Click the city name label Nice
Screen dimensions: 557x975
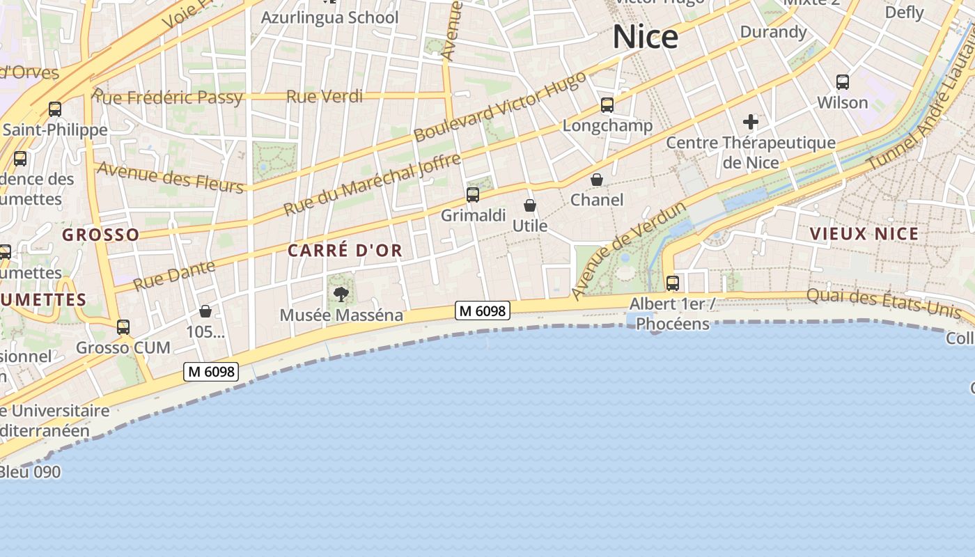coord(645,37)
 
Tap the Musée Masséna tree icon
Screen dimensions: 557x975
coord(341,295)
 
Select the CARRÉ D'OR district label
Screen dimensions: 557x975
coord(345,251)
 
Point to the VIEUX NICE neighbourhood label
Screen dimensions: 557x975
coord(864,234)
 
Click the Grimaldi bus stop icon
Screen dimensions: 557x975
coord(473,195)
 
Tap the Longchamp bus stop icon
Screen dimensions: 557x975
coord(607,105)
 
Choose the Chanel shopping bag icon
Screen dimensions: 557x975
coord(597,180)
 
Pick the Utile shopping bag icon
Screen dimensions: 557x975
coord(530,205)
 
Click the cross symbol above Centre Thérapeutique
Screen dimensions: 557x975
coord(750,123)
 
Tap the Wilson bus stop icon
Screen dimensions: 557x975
coord(843,82)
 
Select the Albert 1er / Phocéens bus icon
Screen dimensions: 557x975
coord(673,283)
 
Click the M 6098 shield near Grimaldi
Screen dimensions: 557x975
coord(483,311)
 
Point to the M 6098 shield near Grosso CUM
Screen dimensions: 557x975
coord(211,372)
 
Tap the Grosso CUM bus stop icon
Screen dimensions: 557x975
coord(123,327)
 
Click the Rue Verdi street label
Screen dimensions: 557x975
coord(325,97)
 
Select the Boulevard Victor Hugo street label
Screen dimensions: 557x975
coord(500,107)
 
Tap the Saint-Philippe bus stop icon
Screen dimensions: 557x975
coord(55,109)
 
